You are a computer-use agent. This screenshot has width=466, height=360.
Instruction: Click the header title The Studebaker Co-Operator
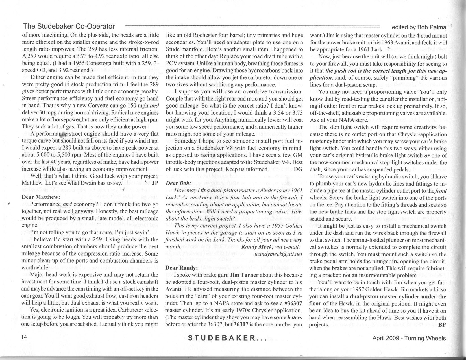(69, 26)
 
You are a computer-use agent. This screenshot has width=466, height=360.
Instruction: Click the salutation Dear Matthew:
(41, 197)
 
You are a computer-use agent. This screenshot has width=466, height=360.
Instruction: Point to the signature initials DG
(298, 169)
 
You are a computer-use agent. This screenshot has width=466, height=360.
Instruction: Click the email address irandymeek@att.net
(278, 254)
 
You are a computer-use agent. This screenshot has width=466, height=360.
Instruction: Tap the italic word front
(439, 191)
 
